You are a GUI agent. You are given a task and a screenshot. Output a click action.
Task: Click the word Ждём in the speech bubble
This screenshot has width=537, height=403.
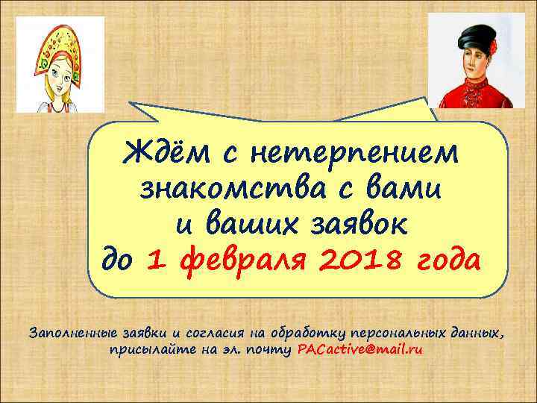pos(163,154)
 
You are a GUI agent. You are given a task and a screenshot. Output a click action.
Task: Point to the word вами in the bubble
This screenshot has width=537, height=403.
pos(407,190)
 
